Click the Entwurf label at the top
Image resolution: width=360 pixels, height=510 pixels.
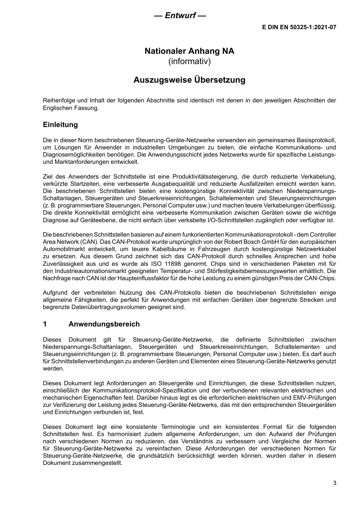180,16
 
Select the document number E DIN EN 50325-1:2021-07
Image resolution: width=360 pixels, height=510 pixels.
299,27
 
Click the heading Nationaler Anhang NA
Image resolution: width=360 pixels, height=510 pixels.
189,51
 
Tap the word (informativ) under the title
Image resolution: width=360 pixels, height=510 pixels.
189,61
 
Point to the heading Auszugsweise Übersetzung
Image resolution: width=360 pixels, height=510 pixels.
189,80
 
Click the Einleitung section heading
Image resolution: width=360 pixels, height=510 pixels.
60,125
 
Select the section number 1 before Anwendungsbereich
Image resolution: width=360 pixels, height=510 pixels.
45,324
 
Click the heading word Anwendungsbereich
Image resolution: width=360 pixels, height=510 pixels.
104,324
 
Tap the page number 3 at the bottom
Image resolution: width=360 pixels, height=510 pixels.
334,483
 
